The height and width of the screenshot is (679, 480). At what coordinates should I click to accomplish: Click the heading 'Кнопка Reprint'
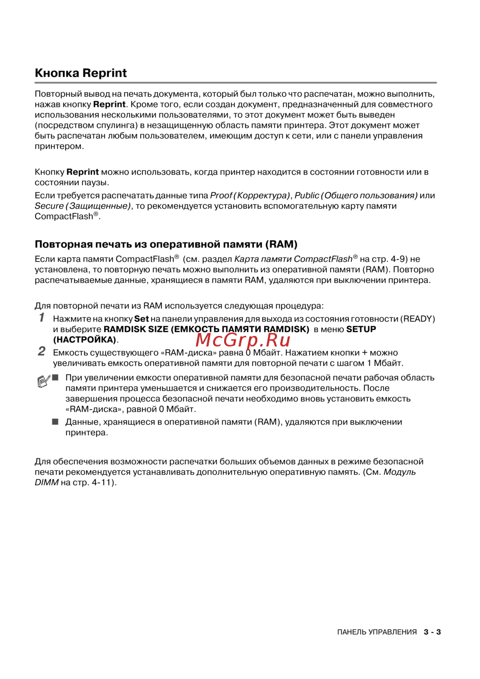coord(81,73)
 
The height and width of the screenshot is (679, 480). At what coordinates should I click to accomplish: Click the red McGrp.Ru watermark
coord(243,340)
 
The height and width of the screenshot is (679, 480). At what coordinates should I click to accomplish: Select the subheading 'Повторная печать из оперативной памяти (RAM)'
coord(166,244)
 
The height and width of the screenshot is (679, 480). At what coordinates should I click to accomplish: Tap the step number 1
coord(42,318)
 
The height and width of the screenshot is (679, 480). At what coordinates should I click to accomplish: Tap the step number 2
coord(42,352)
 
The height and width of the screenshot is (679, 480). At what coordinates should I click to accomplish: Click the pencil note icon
coord(43,381)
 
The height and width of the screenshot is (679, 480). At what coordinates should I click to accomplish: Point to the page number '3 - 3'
coord(432,632)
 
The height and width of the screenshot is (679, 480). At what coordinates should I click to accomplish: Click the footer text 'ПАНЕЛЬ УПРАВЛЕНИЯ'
coord(377,632)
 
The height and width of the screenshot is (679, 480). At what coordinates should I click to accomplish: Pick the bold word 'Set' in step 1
coord(142,319)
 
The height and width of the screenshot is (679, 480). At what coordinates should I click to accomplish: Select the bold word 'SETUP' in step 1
coord(361,329)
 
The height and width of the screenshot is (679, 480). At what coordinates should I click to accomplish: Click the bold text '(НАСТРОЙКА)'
coord(84,340)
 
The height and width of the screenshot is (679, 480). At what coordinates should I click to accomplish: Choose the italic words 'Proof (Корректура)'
coord(250,195)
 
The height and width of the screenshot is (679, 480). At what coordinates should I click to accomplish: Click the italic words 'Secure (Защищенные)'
coord(82,206)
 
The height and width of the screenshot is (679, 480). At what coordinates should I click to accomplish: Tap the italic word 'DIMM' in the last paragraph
coord(47,482)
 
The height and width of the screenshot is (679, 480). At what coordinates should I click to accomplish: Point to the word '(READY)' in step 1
coord(418,319)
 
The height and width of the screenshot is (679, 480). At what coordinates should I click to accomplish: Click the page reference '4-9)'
coord(399,259)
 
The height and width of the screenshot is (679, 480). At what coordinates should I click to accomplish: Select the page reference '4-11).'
coord(104,482)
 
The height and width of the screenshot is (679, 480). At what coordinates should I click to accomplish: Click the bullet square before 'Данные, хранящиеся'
coord(55,422)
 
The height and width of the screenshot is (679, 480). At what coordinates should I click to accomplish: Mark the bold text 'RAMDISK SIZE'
coord(136,329)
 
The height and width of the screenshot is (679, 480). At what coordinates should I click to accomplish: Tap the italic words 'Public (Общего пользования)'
coord(356,195)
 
